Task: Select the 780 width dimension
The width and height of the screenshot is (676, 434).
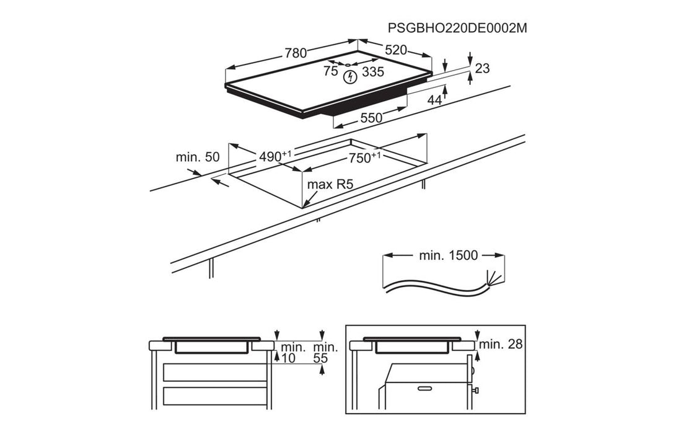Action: (296, 53)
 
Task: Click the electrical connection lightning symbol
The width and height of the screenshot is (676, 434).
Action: (350, 76)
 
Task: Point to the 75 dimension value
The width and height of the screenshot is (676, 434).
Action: (331, 71)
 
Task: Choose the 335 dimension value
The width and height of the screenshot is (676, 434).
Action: (373, 72)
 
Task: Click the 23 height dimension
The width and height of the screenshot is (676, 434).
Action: (482, 68)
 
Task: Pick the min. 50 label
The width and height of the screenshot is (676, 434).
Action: (198, 157)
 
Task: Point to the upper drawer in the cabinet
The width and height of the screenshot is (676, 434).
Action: (214, 372)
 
